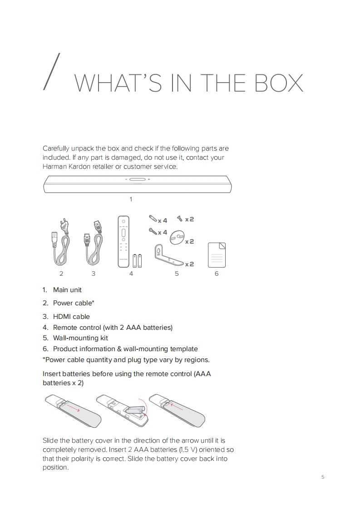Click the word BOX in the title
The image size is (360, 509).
click(x=279, y=83)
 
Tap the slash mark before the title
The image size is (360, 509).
click(x=52, y=71)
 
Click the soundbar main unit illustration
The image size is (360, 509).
click(x=138, y=184)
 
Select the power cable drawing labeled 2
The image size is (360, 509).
click(x=61, y=242)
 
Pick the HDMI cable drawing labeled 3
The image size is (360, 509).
click(x=94, y=243)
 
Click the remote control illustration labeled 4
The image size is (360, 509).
click(x=123, y=242)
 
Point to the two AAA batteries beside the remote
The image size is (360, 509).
click(x=137, y=261)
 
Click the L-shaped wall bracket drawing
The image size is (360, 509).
click(x=169, y=255)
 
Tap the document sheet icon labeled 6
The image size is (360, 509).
click(x=217, y=255)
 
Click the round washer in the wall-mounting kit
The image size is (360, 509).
click(x=177, y=237)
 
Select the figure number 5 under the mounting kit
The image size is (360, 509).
click(x=177, y=274)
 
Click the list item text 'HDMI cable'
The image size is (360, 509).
click(x=71, y=317)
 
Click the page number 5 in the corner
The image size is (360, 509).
click(x=323, y=477)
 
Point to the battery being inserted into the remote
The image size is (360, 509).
click(x=135, y=410)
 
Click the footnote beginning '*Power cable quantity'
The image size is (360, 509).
click(x=126, y=360)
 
